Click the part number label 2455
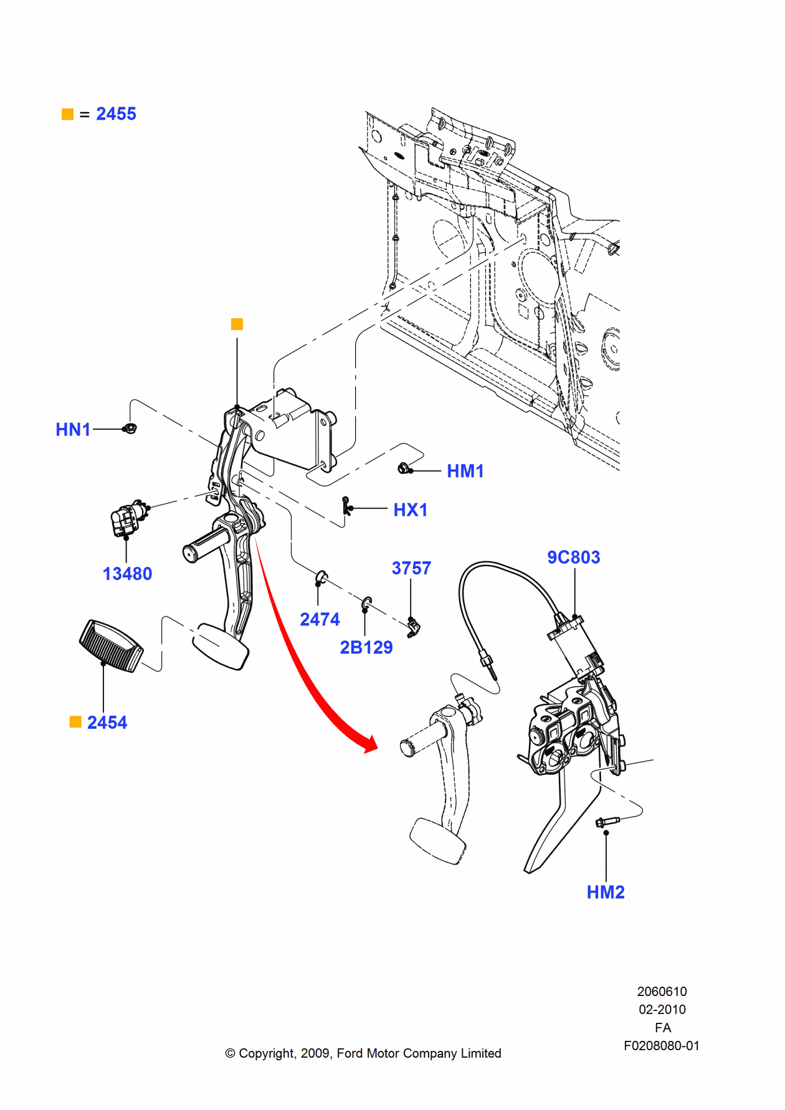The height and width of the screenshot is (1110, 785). click(x=116, y=114)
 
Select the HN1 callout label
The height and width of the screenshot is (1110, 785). click(x=73, y=430)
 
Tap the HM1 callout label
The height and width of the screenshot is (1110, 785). click(x=465, y=472)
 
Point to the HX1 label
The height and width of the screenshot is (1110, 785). click(x=410, y=510)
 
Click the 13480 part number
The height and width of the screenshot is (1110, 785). click(x=127, y=574)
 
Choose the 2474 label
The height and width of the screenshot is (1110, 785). click(x=320, y=619)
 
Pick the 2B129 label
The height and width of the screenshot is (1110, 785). click(x=366, y=647)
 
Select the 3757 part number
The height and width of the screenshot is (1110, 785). click(x=411, y=568)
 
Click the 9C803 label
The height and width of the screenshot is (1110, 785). click(x=573, y=557)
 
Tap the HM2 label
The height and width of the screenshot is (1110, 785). click(x=605, y=892)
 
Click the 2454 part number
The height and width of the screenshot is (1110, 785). click(x=107, y=723)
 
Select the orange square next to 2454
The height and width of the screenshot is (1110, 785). click(x=75, y=722)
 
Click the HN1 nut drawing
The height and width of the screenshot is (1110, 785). click(x=130, y=428)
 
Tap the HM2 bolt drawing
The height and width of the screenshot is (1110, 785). click(x=605, y=822)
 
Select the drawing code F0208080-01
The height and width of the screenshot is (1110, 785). click(x=662, y=1046)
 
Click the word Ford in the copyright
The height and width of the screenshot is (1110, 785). click(x=350, y=1053)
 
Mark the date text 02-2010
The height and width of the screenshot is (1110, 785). click(x=662, y=1009)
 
